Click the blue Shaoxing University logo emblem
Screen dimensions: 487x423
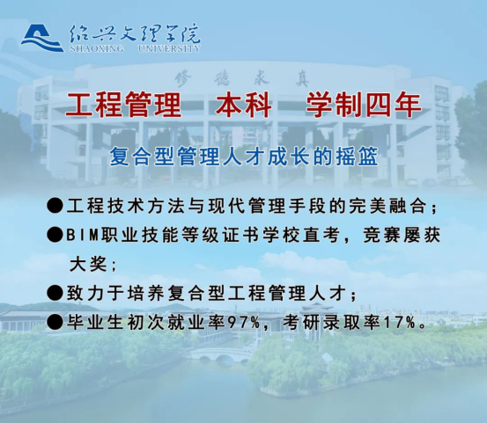[42, 38]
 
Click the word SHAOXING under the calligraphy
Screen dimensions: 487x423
[97, 48]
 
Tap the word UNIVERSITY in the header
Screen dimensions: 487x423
[169, 48]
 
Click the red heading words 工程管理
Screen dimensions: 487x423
[123, 105]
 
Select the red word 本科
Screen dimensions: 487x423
[244, 105]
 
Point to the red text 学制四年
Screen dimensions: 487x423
[364, 105]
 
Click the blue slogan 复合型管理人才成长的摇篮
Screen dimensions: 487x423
[243, 157]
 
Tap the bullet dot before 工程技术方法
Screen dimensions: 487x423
[55, 205]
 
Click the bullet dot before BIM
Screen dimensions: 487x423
[55, 235]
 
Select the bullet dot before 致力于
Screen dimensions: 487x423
[55, 293]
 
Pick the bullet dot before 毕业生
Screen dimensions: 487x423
[55, 322]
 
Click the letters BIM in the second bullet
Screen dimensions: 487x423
[82, 236]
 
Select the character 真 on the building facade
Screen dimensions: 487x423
[301, 79]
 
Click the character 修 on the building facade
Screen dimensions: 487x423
[183, 78]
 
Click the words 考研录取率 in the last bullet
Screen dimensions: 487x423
[331, 322]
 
